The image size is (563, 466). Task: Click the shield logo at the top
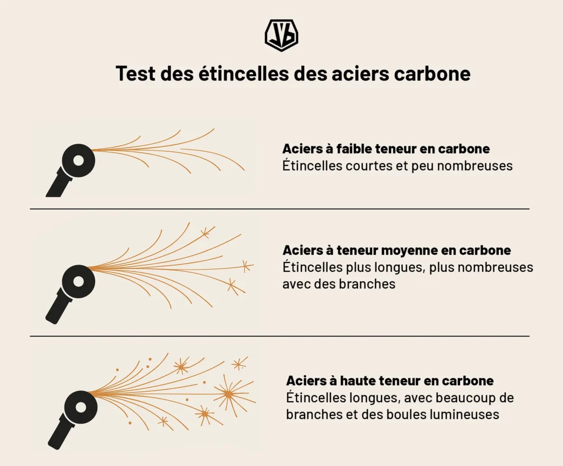coord(281,36)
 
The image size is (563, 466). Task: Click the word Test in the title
coord(135,74)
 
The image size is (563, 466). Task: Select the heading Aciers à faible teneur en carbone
coord(386,149)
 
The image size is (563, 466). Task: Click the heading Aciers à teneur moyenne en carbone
coord(396,250)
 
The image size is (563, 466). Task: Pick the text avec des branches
coord(339,284)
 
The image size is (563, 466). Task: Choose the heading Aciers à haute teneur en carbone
coord(390,381)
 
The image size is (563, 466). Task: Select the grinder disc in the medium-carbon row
coord(79,281)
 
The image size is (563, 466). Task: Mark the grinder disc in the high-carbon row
coord(80,407)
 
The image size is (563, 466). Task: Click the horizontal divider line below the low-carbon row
coord(279,209)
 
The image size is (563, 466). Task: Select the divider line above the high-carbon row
coord(279,336)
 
